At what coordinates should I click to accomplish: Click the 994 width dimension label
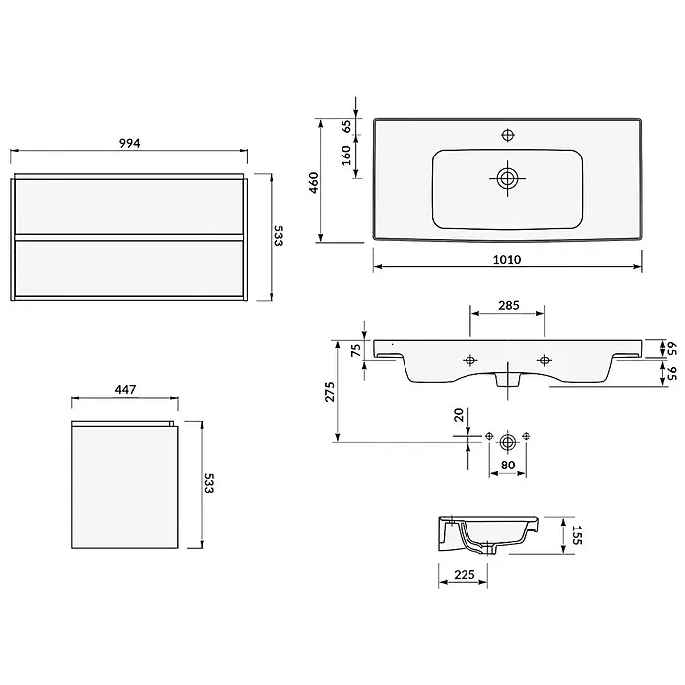(x=130, y=143)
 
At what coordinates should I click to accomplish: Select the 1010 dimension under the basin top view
(x=507, y=260)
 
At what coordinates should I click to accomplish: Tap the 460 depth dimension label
(x=314, y=183)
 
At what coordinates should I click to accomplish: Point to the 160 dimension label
(x=346, y=156)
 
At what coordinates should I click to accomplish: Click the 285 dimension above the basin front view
(x=509, y=305)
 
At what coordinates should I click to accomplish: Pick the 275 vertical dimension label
(x=330, y=392)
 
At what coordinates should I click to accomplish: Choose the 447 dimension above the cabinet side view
(x=125, y=389)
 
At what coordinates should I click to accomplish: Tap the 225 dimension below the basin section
(x=464, y=574)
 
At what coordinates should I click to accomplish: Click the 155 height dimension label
(x=576, y=534)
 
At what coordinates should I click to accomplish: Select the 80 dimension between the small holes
(x=508, y=465)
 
